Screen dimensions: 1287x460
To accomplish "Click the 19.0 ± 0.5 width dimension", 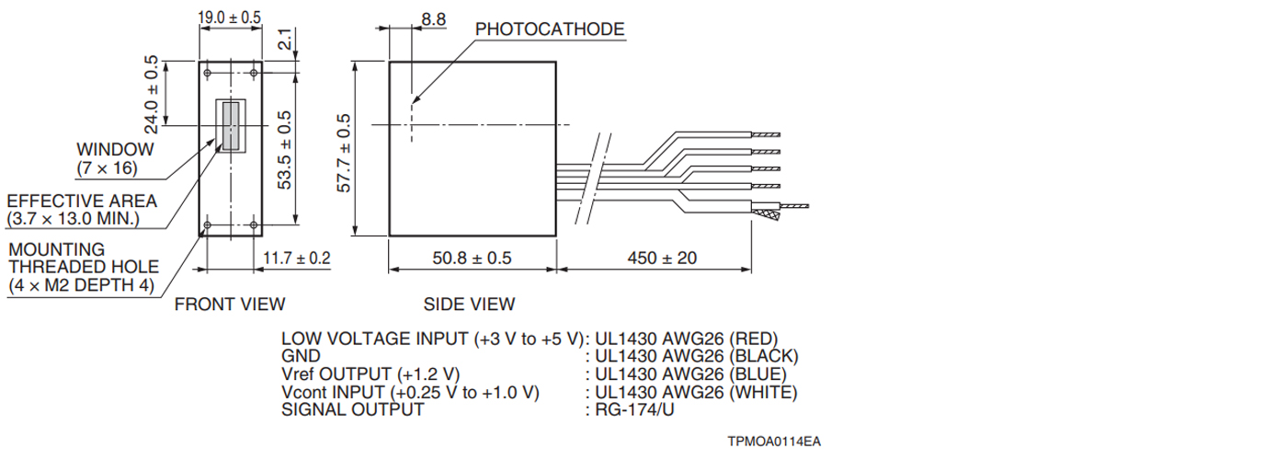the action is coord(229,17).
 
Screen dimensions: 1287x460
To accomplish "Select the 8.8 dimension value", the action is coord(433,19).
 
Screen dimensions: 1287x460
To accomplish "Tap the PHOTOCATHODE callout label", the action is coord(550,29).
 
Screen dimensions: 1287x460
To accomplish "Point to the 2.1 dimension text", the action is coord(285,39).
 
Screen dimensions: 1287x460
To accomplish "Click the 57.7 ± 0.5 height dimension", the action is coord(344,153).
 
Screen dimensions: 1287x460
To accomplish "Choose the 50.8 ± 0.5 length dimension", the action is coord(472,258).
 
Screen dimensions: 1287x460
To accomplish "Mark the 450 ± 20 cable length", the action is coord(662,258).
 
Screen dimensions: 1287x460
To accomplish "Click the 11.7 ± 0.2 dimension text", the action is coord(296,258).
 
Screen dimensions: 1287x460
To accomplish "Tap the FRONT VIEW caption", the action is coord(230,304).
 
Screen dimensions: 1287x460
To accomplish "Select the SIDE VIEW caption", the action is coord(470,304).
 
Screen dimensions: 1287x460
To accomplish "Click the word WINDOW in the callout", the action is coord(115,149).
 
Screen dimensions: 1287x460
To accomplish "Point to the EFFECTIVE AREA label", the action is coord(82,201).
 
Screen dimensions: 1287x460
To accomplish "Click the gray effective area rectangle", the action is coord(231,125).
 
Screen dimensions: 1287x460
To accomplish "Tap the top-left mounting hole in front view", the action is coord(208,73).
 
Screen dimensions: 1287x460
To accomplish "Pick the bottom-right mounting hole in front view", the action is coord(254,224).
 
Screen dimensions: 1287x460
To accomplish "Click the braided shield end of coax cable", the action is coord(768,215).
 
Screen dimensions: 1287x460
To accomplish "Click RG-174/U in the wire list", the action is coord(634,409).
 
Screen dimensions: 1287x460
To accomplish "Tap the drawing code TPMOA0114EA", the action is coord(774,442).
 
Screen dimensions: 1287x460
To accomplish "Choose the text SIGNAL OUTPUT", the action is coord(353,409).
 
